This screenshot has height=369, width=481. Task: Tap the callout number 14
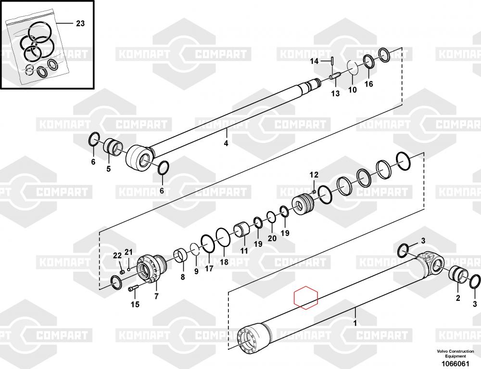[x=314, y=61]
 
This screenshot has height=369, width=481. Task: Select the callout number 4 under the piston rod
[x=226, y=143]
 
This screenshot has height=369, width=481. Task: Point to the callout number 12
[x=314, y=174]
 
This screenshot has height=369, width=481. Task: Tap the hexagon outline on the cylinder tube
[x=306, y=298]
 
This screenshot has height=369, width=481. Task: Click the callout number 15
[x=135, y=304]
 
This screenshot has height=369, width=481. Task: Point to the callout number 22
[x=117, y=255]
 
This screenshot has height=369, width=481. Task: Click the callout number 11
[x=244, y=251]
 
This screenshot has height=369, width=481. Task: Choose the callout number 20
[x=272, y=238]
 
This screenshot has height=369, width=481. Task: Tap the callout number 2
[x=458, y=298]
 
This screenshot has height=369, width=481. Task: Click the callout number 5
[x=108, y=168]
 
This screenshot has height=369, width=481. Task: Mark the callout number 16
[x=368, y=84]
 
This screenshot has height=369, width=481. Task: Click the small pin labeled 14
[x=331, y=61]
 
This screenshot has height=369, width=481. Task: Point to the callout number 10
[x=352, y=89]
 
